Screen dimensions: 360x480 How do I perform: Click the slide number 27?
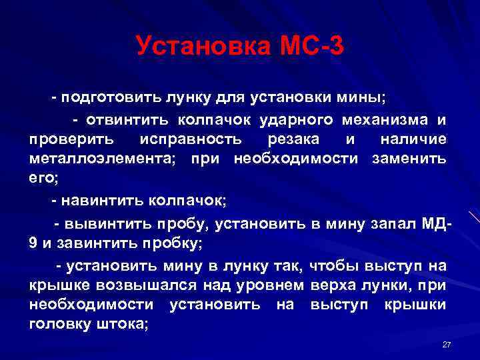pyautogui.click(x=447, y=344)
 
